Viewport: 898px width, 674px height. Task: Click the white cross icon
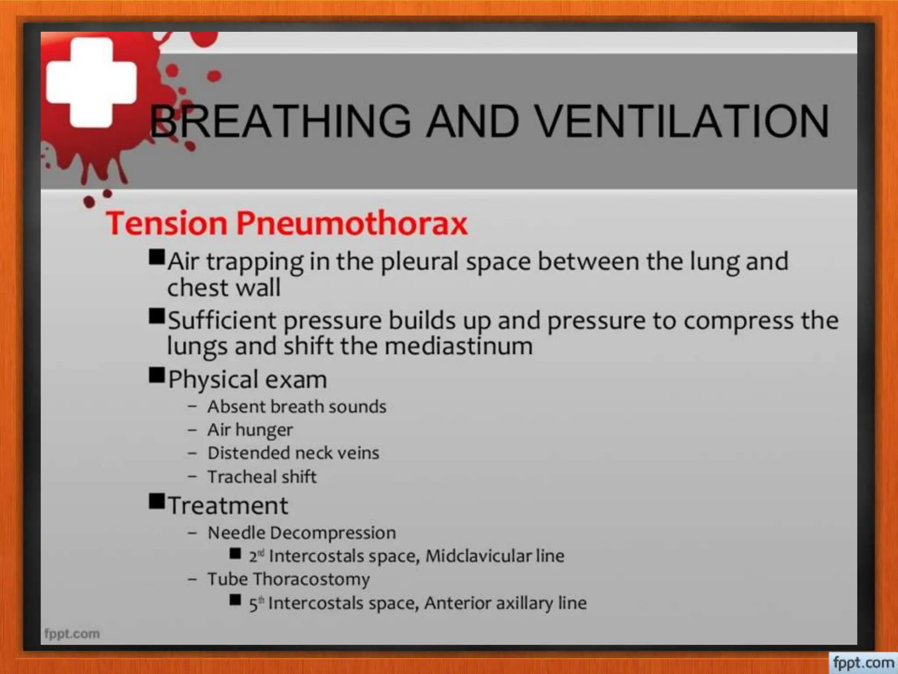click(91, 82)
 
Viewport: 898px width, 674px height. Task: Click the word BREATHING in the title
click(281, 121)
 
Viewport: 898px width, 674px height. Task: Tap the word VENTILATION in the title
click(682, 121)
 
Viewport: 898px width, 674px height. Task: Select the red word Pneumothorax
click(352, 224)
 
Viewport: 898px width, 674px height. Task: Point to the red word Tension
click(167, 223)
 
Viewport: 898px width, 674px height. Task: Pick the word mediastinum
click(459, 346)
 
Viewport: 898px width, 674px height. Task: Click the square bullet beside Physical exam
click(157, 376)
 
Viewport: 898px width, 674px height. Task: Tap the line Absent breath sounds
click(297, 407)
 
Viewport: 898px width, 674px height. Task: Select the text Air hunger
click(250, 430)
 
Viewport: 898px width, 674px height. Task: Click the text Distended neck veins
click(293, 453)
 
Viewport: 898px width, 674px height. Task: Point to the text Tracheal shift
click(262, 477)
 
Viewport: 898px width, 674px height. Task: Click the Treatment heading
click(228, 505)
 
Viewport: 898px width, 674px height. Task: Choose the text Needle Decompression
click(302, 533)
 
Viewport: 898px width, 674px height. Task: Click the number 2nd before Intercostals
click(256, 556)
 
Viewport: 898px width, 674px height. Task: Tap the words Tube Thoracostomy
click(289, 579)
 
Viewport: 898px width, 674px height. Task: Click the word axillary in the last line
click(524, 603)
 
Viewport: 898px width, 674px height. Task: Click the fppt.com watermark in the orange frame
click(863, 663)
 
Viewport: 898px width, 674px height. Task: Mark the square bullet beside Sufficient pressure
click(157, 316)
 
